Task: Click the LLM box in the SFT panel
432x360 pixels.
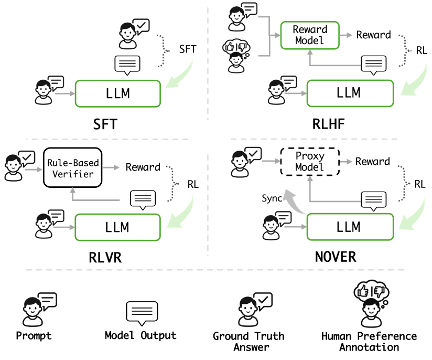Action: point(118,94)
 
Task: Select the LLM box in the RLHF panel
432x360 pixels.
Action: point(350,93)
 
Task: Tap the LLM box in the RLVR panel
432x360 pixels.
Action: point(118,228)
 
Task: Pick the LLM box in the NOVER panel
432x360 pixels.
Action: point(350,228)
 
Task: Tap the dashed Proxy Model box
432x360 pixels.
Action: point(310,161)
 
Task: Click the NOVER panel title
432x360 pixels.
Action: point(336,257)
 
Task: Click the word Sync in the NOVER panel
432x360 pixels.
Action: point(272,199)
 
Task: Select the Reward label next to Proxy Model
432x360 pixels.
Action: point(372,161)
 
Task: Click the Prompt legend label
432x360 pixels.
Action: point(35,335)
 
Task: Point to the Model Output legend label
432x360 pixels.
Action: point(141,335)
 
